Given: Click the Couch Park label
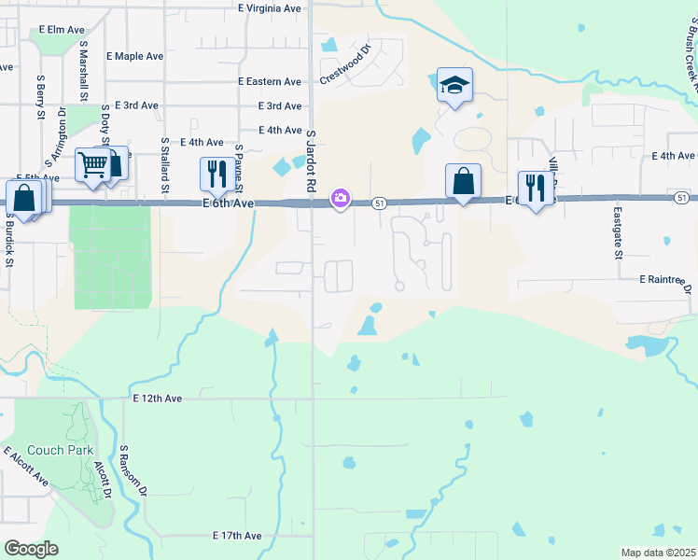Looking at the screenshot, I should coord(60,450).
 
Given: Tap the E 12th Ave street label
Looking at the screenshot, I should coord(157,399).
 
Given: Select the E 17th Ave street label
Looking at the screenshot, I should coord(237,536).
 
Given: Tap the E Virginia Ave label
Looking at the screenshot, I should coord(270,7).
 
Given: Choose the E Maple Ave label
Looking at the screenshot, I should coord(135,56).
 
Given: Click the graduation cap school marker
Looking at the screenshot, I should coord(454,86).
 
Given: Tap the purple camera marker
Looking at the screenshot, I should coord(341,198).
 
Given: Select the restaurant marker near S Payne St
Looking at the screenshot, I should coord(216,174).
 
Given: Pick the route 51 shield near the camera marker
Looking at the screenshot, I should coord(379,203).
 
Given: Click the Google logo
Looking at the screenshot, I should coord(31,548).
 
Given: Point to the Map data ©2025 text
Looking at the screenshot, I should coord(658,553).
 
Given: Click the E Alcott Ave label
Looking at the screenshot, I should coord(26,467).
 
